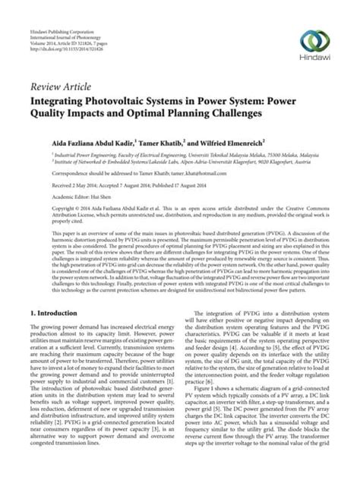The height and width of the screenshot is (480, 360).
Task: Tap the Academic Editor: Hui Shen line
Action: pyautogui.click(x=77, y=195)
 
